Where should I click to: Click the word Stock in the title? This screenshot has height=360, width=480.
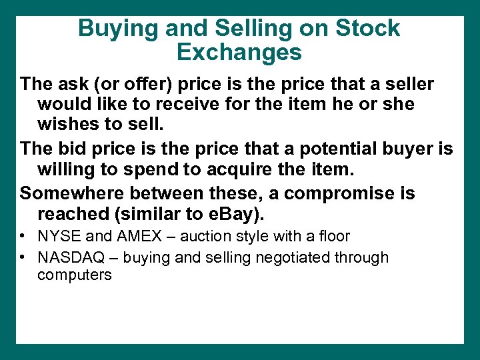(x=367, y=29)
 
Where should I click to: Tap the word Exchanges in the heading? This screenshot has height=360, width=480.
(x=240, y=51)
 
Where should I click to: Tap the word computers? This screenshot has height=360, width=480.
(x=74, y=275)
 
